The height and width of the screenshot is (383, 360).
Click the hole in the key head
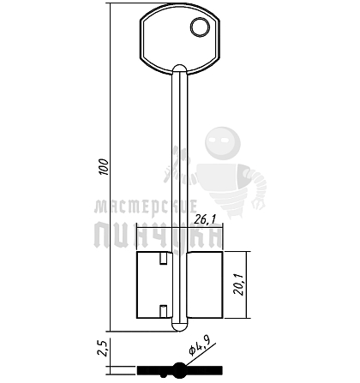pos(201,27)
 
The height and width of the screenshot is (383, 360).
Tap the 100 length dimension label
pos(104,166)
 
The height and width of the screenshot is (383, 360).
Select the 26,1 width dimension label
pos(205,219)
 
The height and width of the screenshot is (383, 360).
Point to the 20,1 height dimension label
pos(238,284)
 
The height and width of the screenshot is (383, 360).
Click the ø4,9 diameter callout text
pos(200,346)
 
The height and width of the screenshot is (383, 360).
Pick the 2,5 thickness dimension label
pos(102,348)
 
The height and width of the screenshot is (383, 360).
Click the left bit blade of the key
pos(154,284)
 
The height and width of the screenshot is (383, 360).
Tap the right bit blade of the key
pos(205,284)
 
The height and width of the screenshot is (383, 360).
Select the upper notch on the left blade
pos(163,259)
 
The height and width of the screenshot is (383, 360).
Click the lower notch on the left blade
pos(163,311)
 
